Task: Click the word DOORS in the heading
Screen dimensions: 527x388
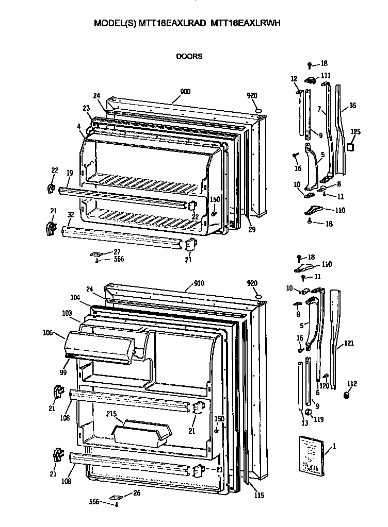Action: (x=189, y=57)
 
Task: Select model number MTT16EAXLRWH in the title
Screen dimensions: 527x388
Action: (x=246, y=23)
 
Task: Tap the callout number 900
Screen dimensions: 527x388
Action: (x=185, y=92)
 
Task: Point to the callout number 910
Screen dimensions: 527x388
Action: (x=199, y=283)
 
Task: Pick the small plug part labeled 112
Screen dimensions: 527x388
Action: (x=347, y=395)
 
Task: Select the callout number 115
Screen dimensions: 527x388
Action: (x=259, y=496)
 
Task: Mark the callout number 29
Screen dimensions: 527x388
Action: (x=251, y=229)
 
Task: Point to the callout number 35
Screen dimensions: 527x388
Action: (x=352, y=106)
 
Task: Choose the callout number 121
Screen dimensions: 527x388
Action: (x=350, y=344)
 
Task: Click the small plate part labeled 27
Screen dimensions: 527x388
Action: (x=98, y=254)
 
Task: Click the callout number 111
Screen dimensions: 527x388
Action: (x=326, y=75)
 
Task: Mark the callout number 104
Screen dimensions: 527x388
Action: (x=75, y=298)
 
